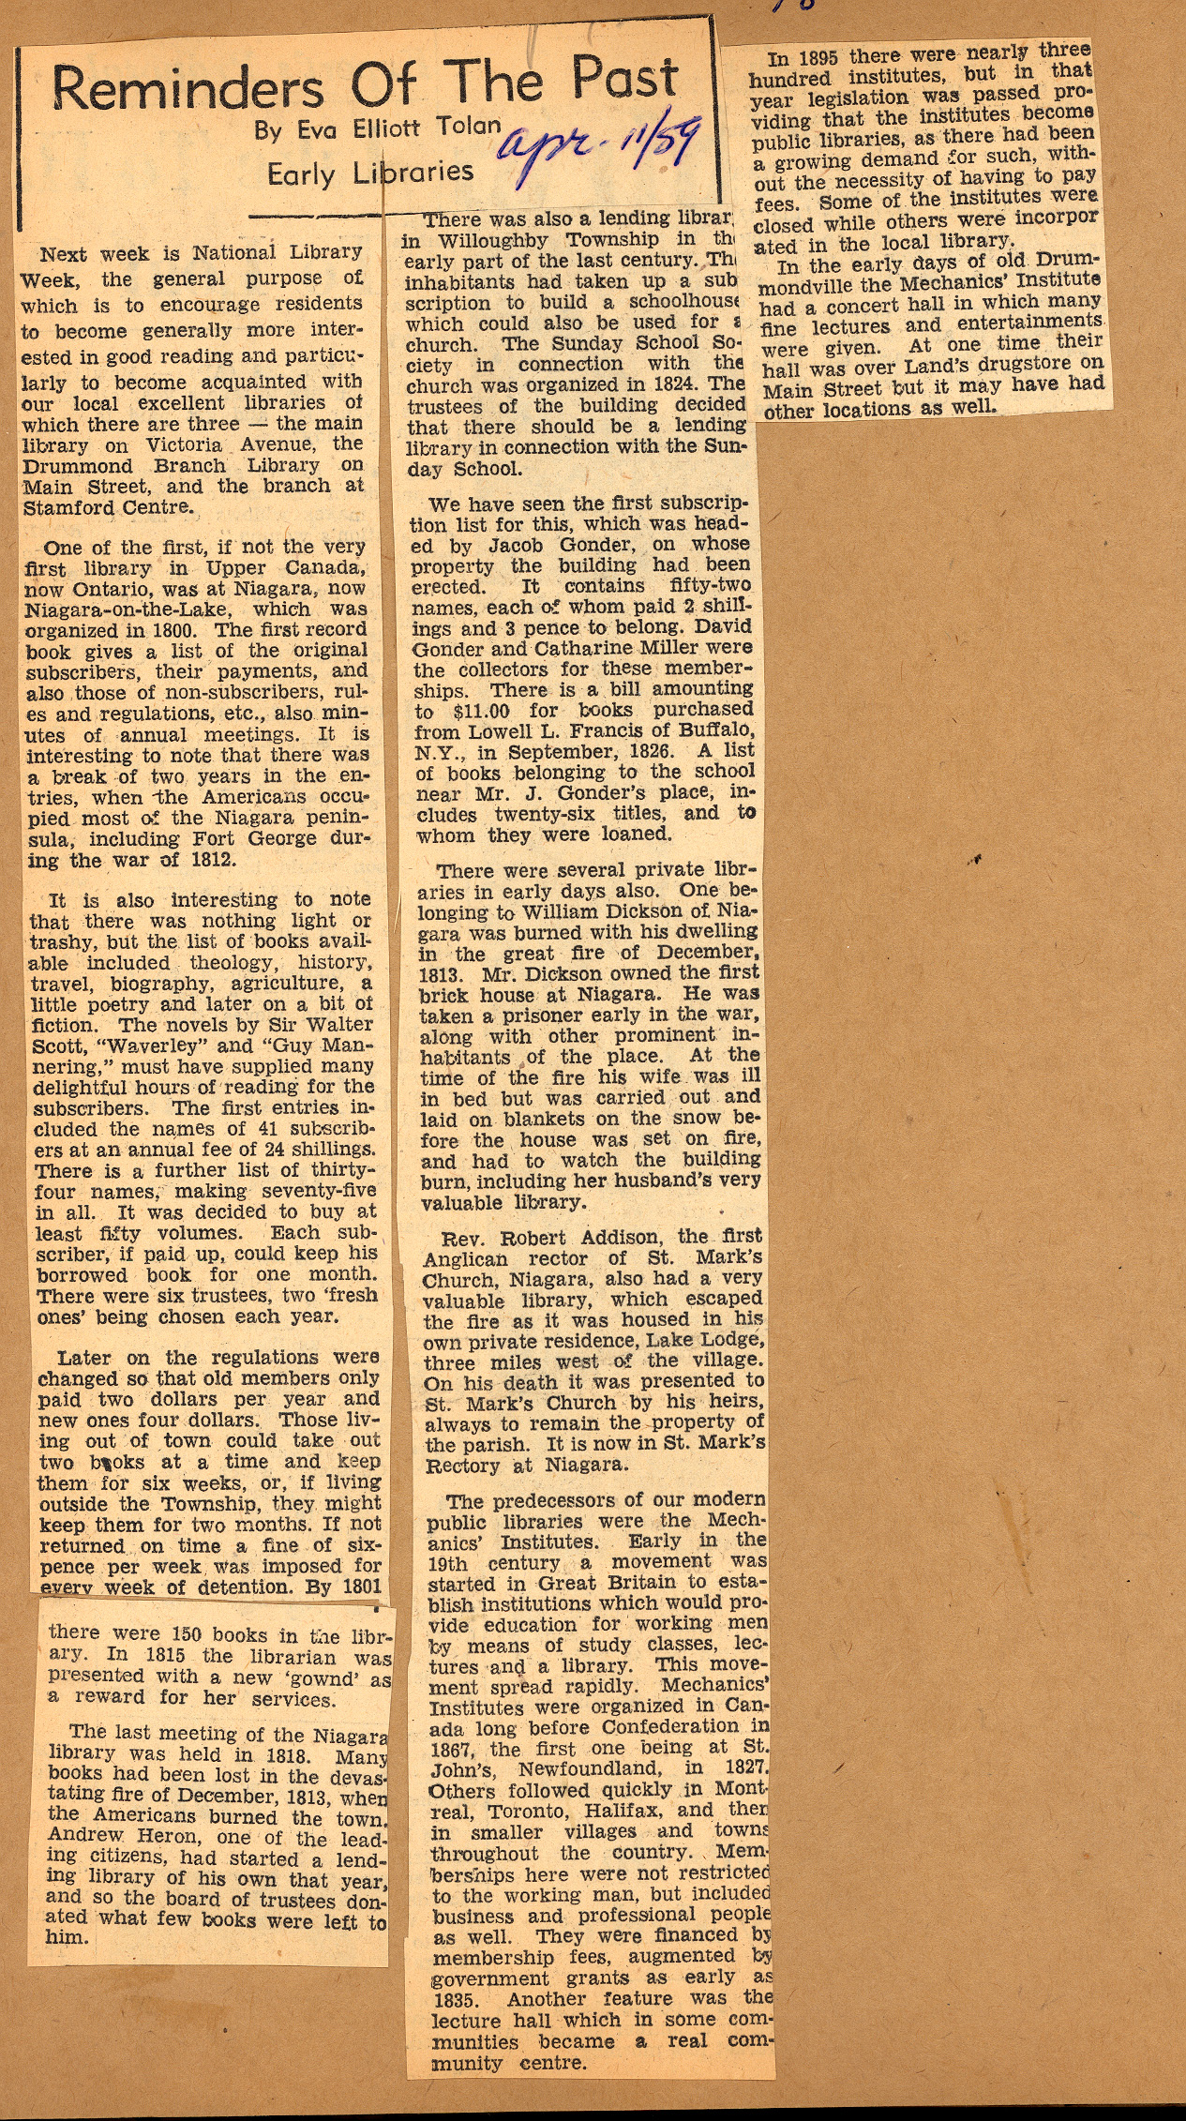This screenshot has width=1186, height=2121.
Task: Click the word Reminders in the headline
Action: (187, 89)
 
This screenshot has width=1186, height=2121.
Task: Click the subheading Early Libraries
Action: (370, 173)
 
